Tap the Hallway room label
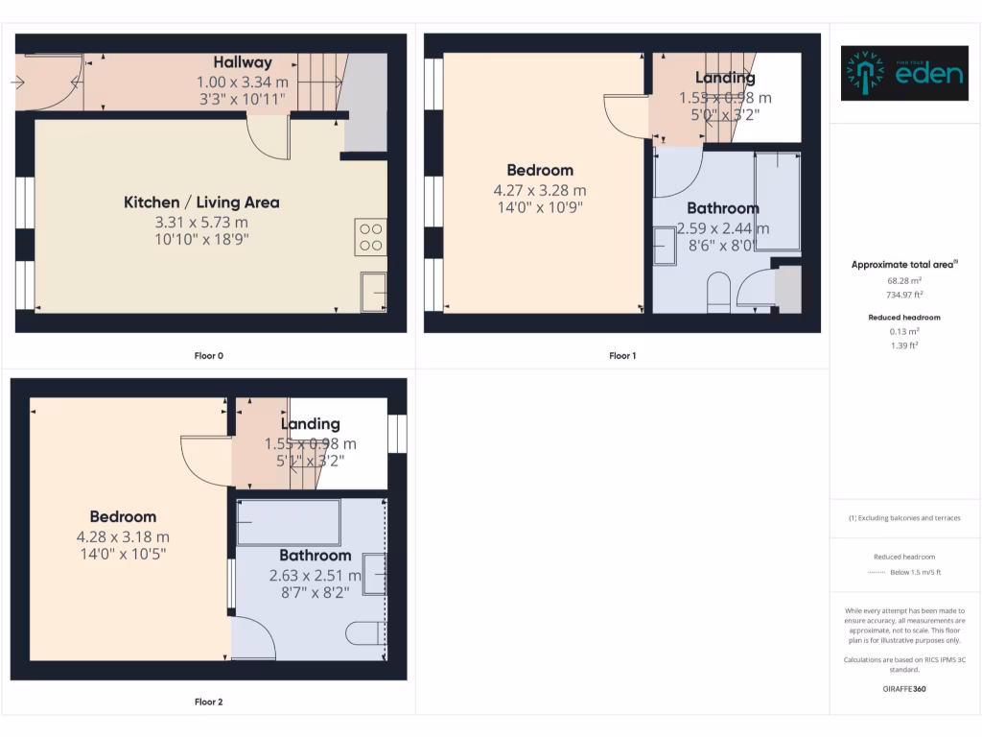click(243, 62)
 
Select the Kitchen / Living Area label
click(201, 202)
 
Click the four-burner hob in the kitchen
click(371, 237)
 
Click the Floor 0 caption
click(208, 356)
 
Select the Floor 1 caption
click(622, 356)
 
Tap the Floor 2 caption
click(208, 702)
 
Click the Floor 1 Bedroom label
click(540, 171)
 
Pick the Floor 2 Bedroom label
click(123, 517)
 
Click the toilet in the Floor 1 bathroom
click(718, 292)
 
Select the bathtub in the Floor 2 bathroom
click(289, 522)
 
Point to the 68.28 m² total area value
click(904, 280)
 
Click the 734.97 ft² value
click(904, 295)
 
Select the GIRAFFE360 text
click(904, 688)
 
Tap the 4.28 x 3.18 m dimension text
click(123, 536)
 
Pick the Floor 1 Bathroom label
click(723, 208)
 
